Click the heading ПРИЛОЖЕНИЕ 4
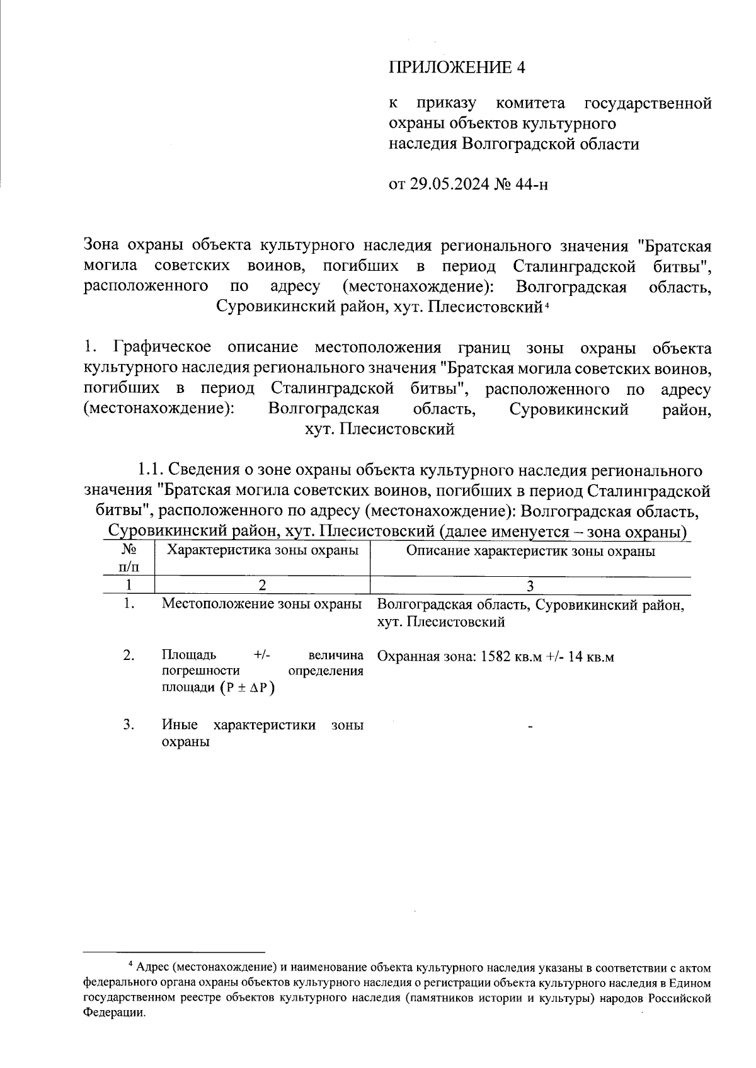coord(456,68)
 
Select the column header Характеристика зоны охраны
coord(262,551)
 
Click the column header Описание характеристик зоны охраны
coord(530,552)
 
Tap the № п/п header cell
coord(129,558)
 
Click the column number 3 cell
coord(530,586)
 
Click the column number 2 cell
coord(262,586)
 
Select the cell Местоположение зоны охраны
coord(262,604)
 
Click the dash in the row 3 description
coord(530,728)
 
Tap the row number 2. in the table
coord(129,656)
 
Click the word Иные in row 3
coord(176,725)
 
